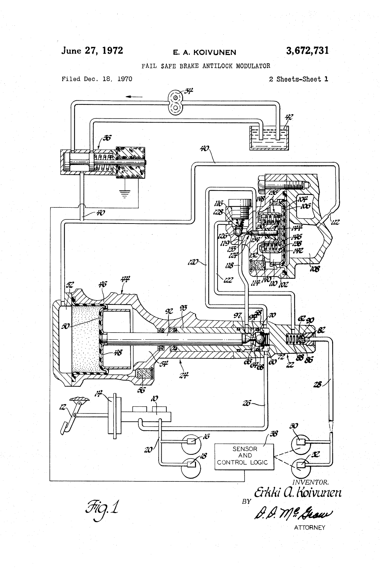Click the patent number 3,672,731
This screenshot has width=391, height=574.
click(x=307, y=51)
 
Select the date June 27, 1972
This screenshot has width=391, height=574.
click(x=92, y=51)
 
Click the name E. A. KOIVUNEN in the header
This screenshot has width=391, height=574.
click(x=204, y=52)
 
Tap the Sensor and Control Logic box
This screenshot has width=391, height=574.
click(x=245, y=456)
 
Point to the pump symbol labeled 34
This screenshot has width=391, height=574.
click(x=175, y=101)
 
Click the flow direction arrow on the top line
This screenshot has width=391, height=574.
click(x=134, y=97)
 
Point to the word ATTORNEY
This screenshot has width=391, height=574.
click(x=309, y=528)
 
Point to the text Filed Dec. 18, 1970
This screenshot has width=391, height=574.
click(x=97, y=79)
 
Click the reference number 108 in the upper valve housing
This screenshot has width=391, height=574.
click(x=316, y=268)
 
